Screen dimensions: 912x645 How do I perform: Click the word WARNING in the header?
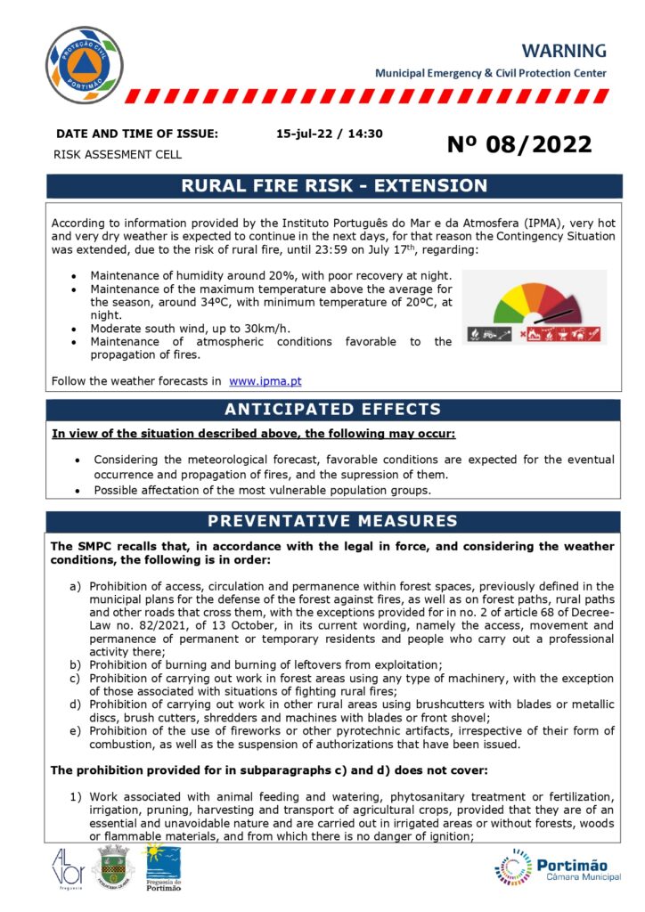(564, 51)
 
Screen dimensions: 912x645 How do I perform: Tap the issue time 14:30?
(366, 134)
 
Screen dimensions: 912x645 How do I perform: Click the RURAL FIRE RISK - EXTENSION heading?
(334, 186)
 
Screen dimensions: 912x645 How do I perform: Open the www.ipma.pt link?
(265, 381)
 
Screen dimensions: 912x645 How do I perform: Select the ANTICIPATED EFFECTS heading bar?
(332, 410)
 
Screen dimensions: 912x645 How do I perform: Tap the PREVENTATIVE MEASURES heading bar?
(332, 521)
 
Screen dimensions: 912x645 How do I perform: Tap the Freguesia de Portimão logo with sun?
(161, 868)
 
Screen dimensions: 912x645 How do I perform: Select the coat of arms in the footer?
(113, 868)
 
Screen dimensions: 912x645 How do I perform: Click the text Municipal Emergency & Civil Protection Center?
(490, 73)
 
